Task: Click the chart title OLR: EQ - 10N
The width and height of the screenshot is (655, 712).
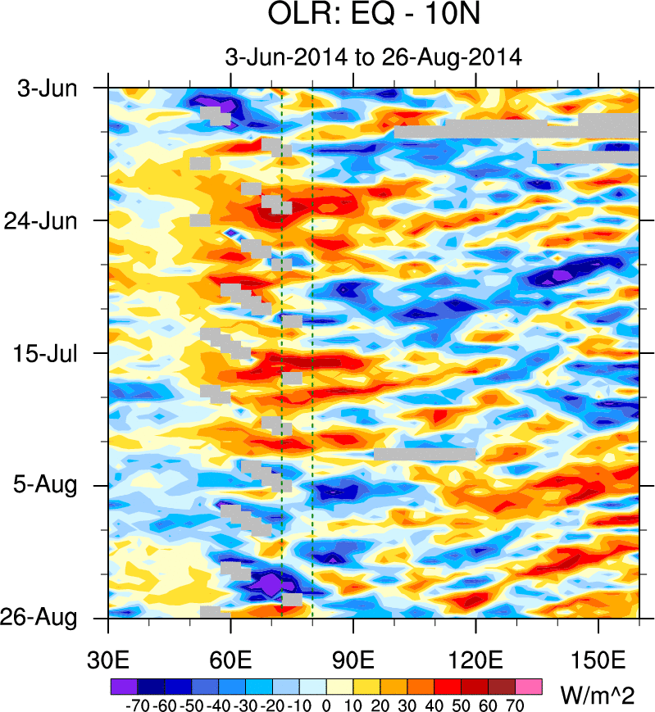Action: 373,15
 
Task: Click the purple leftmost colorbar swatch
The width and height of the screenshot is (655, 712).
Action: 122,685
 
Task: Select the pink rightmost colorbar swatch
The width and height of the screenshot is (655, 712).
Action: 530,685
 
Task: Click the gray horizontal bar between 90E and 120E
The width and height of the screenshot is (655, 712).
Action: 425,453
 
